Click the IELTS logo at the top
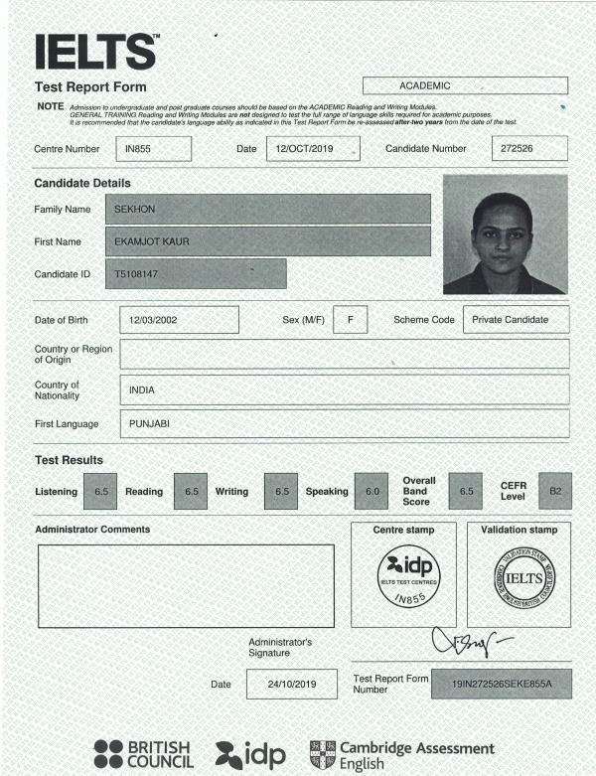click(96, 51)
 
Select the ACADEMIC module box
click(465, 86)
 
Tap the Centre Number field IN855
click(153, 149)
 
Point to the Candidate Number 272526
click(529, 149)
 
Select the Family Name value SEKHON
click(267, 209)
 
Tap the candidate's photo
click(505, 234)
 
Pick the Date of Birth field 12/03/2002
click(179, 320)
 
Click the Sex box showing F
click(351, 320)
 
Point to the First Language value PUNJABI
click(344, 424)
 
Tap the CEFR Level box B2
click(555, 491)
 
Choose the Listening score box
click(101, 491)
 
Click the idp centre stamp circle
click(403, 578)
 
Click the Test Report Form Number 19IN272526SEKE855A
click(501, 686)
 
